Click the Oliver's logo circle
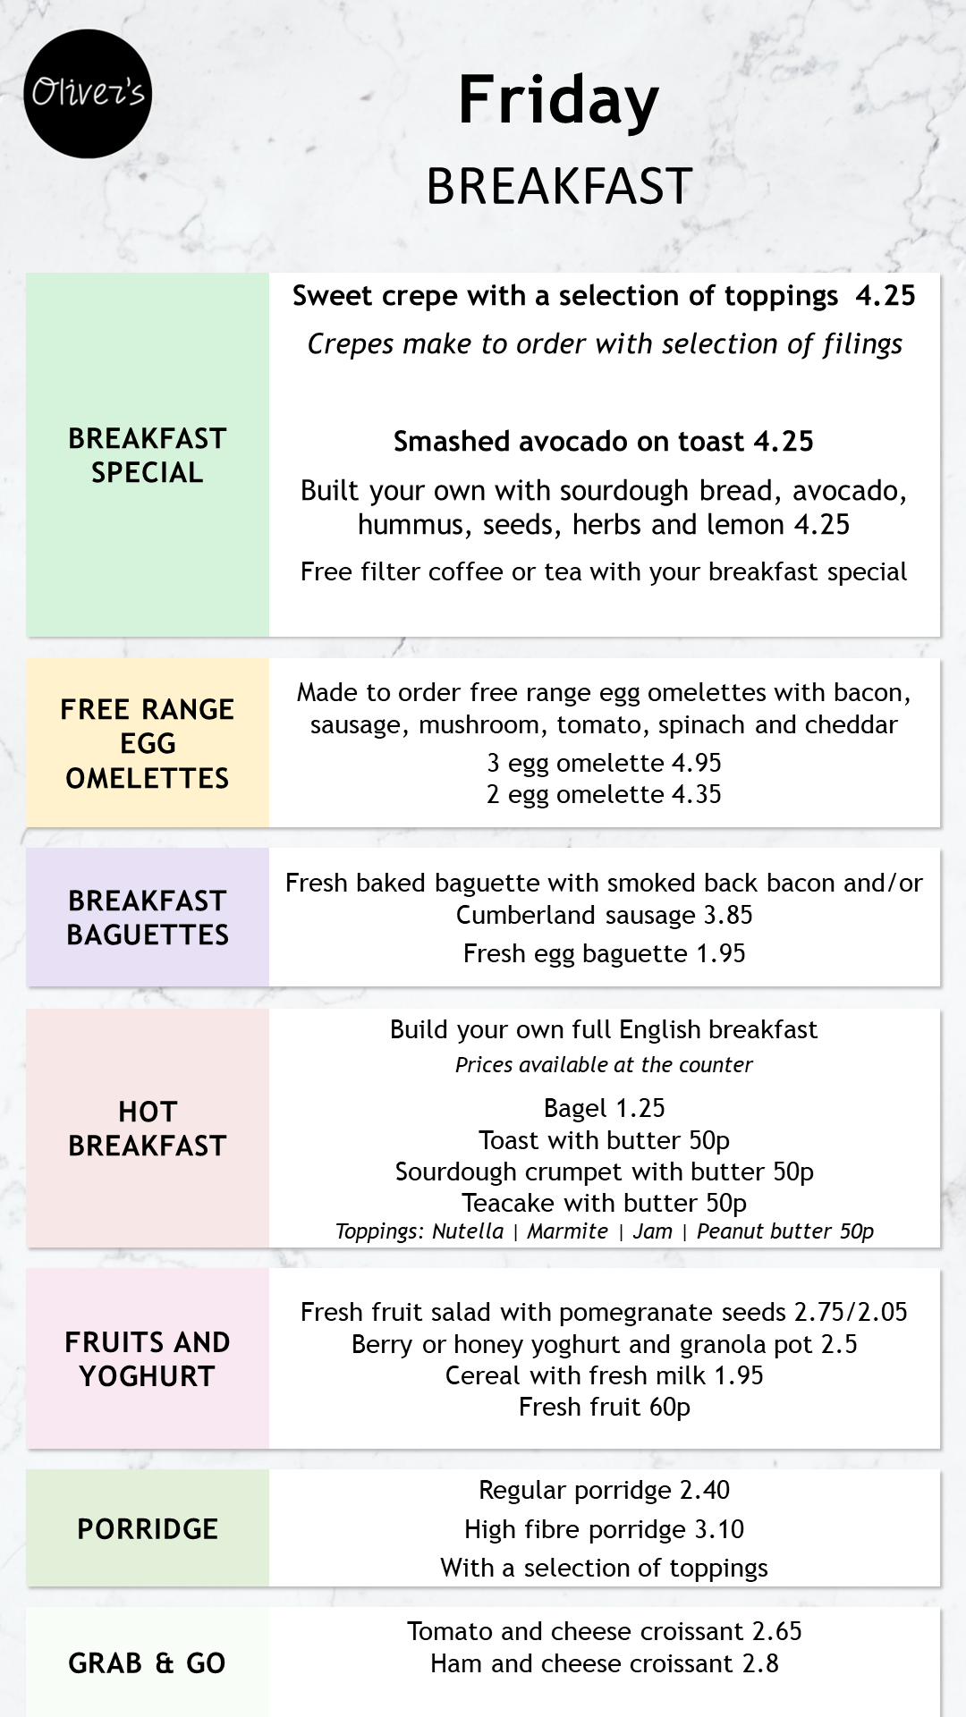coord(88,94)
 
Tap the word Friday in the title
coord(558,100)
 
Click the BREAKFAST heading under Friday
coord(559,186)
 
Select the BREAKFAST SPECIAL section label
coord(148,455)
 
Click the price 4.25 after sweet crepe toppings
coord(885,296)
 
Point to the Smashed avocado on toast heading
coord(603,441)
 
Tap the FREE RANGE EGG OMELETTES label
coord(148,743)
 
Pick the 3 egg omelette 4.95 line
coord(604,763)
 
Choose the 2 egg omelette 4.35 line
coord(604,794)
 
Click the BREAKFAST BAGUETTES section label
coord(148,918)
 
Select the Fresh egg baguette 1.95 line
coord(604,953)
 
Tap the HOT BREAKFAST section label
coord(148,1129)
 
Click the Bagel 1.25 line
coord(604,1108)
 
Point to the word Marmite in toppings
coord(567,1231)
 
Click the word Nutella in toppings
coord(468,1231)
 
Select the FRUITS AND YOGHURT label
coord(148,1358)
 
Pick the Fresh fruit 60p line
coord(604,1407)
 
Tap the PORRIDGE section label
coord(148,1529)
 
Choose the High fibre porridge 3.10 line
coord(604,1529)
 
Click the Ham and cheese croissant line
coord(604,1663)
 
